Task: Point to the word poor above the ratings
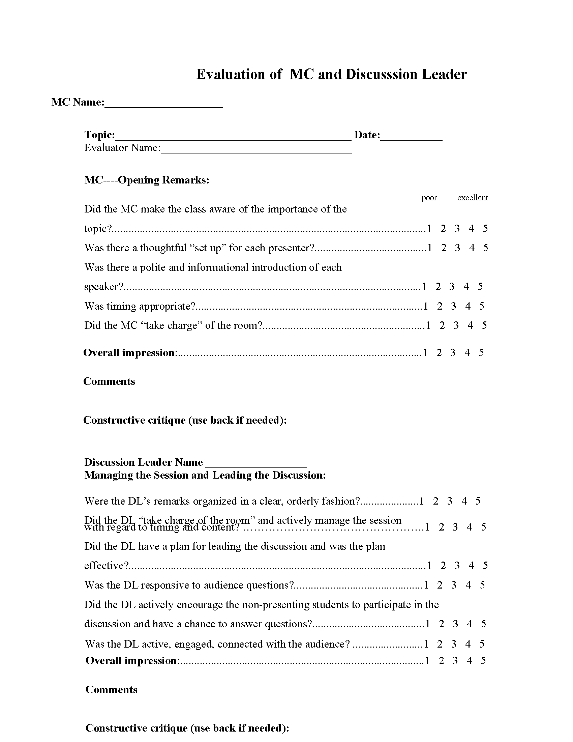429,198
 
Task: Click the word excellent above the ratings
472,198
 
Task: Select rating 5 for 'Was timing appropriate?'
482,306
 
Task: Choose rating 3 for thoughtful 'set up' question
457,248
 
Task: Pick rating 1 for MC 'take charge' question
428,325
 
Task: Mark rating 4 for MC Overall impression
467,353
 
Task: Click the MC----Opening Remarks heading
147,180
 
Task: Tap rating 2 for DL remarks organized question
435,501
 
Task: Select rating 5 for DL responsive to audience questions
482,585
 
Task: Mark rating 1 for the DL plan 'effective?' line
429,565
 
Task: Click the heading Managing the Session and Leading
205,475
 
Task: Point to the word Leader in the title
444,75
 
